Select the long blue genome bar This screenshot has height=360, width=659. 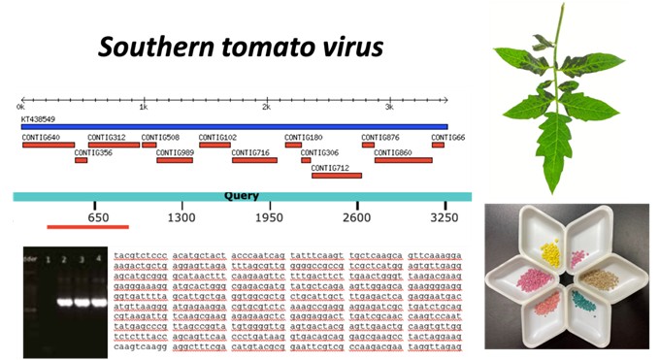234,126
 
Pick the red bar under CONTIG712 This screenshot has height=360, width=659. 336,176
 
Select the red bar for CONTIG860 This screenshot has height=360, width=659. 403,160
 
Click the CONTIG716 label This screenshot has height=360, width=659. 251,152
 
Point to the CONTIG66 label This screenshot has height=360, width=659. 448,137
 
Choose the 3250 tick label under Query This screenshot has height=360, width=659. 445,218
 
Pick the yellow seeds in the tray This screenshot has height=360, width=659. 550,254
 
